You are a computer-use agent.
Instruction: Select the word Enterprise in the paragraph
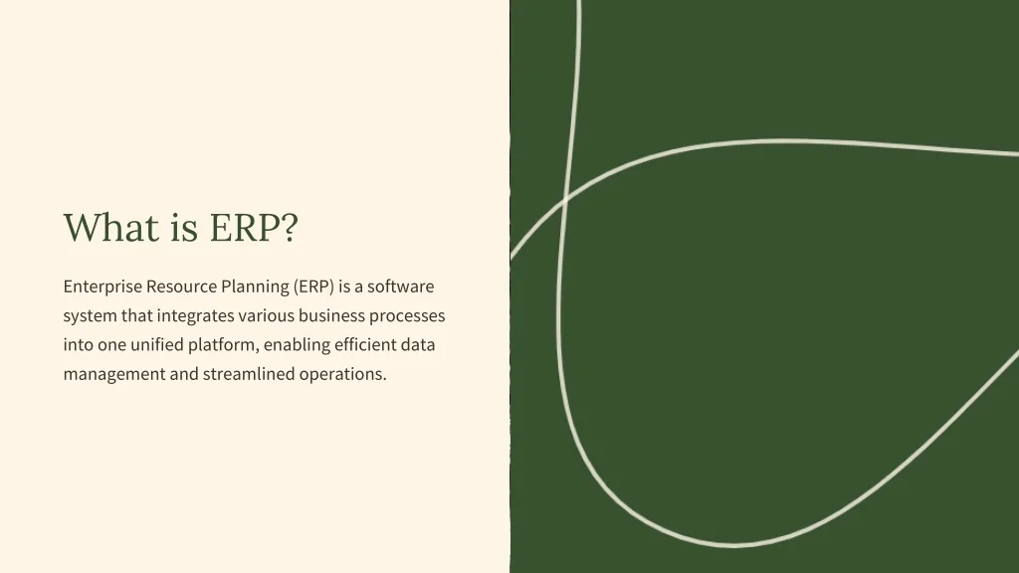(102, 286)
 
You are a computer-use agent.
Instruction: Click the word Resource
(181, 286)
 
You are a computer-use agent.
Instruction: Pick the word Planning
(256, 286)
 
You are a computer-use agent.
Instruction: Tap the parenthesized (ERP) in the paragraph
(313, 286)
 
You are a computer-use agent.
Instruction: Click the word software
(400, 286)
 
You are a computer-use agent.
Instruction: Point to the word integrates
(196, 316)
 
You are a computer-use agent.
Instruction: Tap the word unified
(157, 344)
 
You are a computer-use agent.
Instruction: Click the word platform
(222, 345)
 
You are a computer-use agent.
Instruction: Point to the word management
(114, 374)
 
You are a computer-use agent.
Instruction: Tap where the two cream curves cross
(565, 196)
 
